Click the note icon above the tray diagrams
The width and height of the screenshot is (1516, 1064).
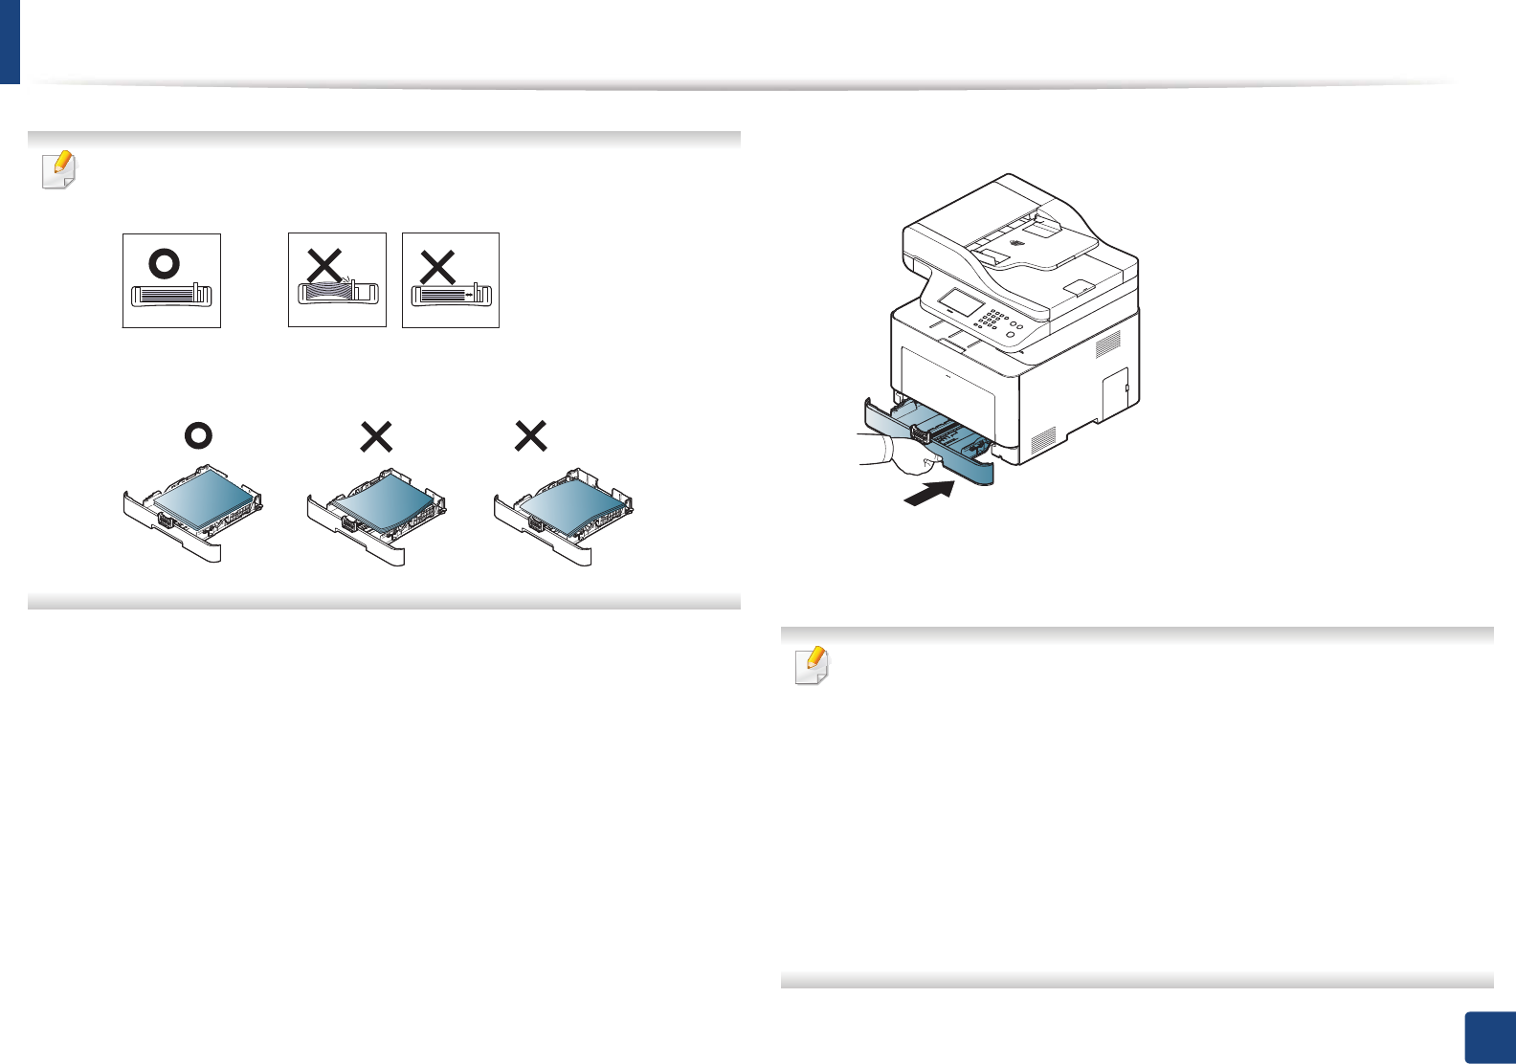(x=58, y=170)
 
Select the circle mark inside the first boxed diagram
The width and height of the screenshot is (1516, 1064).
(x=165, y=263)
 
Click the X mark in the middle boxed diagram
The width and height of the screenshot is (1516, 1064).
(x=324, y=265)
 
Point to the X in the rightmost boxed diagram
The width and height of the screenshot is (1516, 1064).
(x=437, y=267)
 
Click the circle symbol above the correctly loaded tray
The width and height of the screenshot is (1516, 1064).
(x=198, y=436)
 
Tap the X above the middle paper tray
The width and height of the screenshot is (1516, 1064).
(x=376, y=437)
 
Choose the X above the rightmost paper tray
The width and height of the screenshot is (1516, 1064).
(x=530, y=436)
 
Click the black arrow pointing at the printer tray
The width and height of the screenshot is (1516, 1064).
(x=929, y=493)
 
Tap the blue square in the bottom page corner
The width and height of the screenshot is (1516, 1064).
(x=1490, y=1038)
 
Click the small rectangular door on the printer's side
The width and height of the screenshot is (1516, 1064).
(x=1116, y=393)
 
